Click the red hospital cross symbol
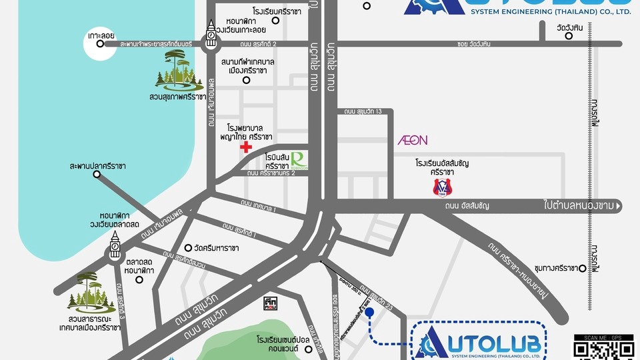click(247, 147)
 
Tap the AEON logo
click(413, 141)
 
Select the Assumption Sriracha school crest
click(438, 187)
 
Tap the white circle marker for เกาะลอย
click(100, 44)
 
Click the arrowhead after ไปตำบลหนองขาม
click(619, 207)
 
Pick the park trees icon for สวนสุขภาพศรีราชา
click(179, 71)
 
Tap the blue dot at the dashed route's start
click(369, 311)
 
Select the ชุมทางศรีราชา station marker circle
click(583, 268)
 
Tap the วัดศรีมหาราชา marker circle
click(188, 246)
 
